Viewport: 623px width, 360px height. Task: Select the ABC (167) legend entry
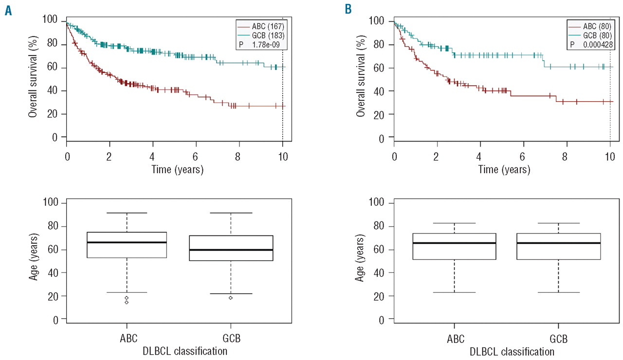(263, 24)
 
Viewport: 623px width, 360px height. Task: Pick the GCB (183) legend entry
(263, 34)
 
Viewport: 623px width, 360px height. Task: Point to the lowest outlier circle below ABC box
(127, 302)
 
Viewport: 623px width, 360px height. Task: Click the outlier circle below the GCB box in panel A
(231, 298)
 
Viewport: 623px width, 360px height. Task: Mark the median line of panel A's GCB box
(231, 250)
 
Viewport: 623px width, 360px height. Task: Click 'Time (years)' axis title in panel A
(175, 170)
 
